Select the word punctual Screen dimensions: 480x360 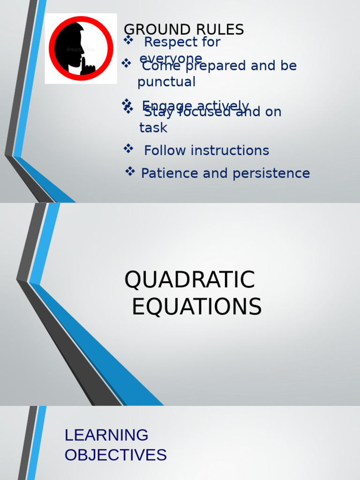(166, 82)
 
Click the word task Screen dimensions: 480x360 (153, 127)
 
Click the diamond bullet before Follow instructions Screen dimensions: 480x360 (128, 149)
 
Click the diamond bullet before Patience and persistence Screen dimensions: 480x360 (130, 172)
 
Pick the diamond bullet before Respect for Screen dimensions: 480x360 (128, 41)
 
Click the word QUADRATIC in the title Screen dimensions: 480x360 (189, 280)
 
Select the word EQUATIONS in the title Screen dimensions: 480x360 (196, 307)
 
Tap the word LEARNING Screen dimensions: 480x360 (106, 435)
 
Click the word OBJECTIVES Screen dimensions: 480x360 (115, 455)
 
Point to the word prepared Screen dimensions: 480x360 (216, 66)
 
